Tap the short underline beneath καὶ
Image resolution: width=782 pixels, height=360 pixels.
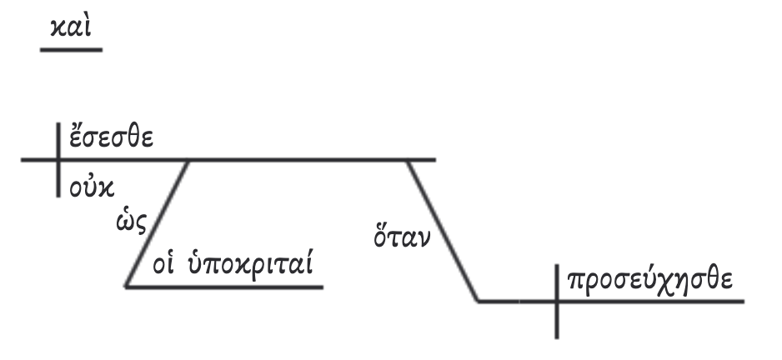coord(71,50)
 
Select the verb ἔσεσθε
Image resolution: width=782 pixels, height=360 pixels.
coord(110,137)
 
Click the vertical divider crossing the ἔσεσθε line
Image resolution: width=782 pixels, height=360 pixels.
coord(58,159)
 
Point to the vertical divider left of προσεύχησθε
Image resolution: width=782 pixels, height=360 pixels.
coord(557,301)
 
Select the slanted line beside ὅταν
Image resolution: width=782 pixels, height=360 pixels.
coord(443,230)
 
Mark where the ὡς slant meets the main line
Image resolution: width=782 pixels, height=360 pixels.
coord(190,159)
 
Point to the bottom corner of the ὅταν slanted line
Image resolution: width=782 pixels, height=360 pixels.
coord(479,301)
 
